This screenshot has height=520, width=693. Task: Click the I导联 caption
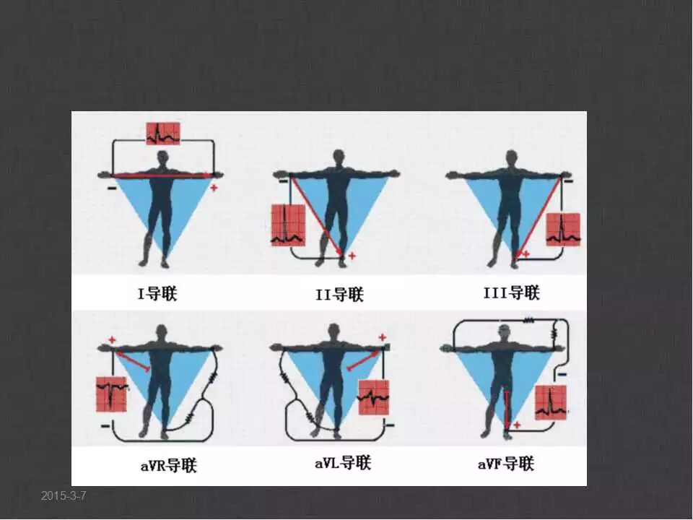click(158, 294)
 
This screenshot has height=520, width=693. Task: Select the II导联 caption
click(339, 295)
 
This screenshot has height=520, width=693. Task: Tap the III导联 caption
click(512, 292)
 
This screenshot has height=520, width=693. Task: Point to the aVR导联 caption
click(168, 466)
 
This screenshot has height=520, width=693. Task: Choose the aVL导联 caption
click(343, 463)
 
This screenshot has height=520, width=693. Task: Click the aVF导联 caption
click(506, 464)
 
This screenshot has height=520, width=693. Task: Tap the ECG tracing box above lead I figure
click(164, 134)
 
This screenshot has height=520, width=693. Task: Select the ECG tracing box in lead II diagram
click(288, 225)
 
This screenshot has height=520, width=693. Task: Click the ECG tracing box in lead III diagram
click(563, 230)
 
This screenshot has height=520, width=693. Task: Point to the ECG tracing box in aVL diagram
click(374, 397)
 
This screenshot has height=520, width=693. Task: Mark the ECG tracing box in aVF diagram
click(550, 402)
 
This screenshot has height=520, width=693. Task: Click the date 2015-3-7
click(64, 495)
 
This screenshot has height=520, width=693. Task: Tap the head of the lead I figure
click(162, 158)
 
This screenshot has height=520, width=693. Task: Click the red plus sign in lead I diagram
click(214, 188)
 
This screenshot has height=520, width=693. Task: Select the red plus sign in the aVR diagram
click(113, 340)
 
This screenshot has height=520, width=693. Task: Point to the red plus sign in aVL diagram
click(383, 338)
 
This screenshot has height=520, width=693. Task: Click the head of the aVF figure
click(505, 331)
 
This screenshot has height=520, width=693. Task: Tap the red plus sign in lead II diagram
click(352, 256)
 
